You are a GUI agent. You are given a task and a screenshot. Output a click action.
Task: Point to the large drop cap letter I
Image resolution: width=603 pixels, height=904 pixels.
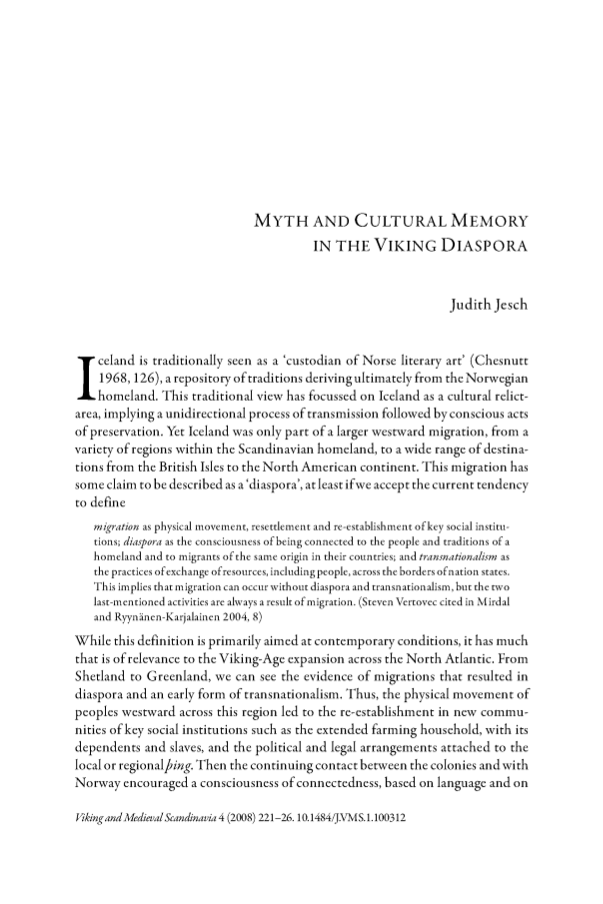tap(87, 380)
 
